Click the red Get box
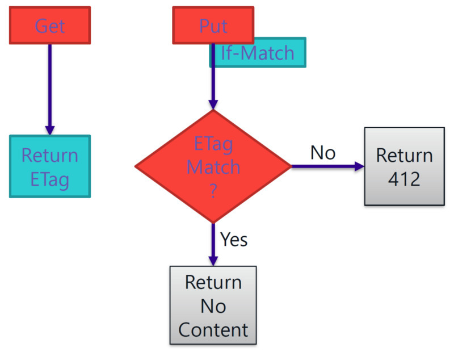pyautogui.click(x=50, y=25)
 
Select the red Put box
pyautogui.click(x=213, y=25)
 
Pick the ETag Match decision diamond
pyautogui.click(x=213, y=166)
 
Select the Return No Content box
pyautogui.click(x=213, y=305)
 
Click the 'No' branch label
pyautogui.click(x=322, y=152)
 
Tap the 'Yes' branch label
pyautogui.click(x=234, y=239)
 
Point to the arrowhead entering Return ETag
pyautogui.click(x=50, y=130)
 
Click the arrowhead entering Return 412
pyautogui.click(x=358, y=166)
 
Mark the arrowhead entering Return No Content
pyautogui.click(x=213, y=261)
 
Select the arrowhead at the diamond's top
pyautogui.click(x=213, y=104)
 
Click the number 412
pyautogui.click(x=404, y=179)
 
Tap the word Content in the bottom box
pyautogui.click(x=213, y=330)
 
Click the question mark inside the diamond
pyautogui.click(x=213, y=192)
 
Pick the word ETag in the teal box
pyautogui.click(x=50, y=180)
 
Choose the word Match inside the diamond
pyautogui.click(x=213, y=168)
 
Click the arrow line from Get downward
pyautogui.click(x=50, y=85)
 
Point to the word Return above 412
pyautogui.click(x=404, y=154)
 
